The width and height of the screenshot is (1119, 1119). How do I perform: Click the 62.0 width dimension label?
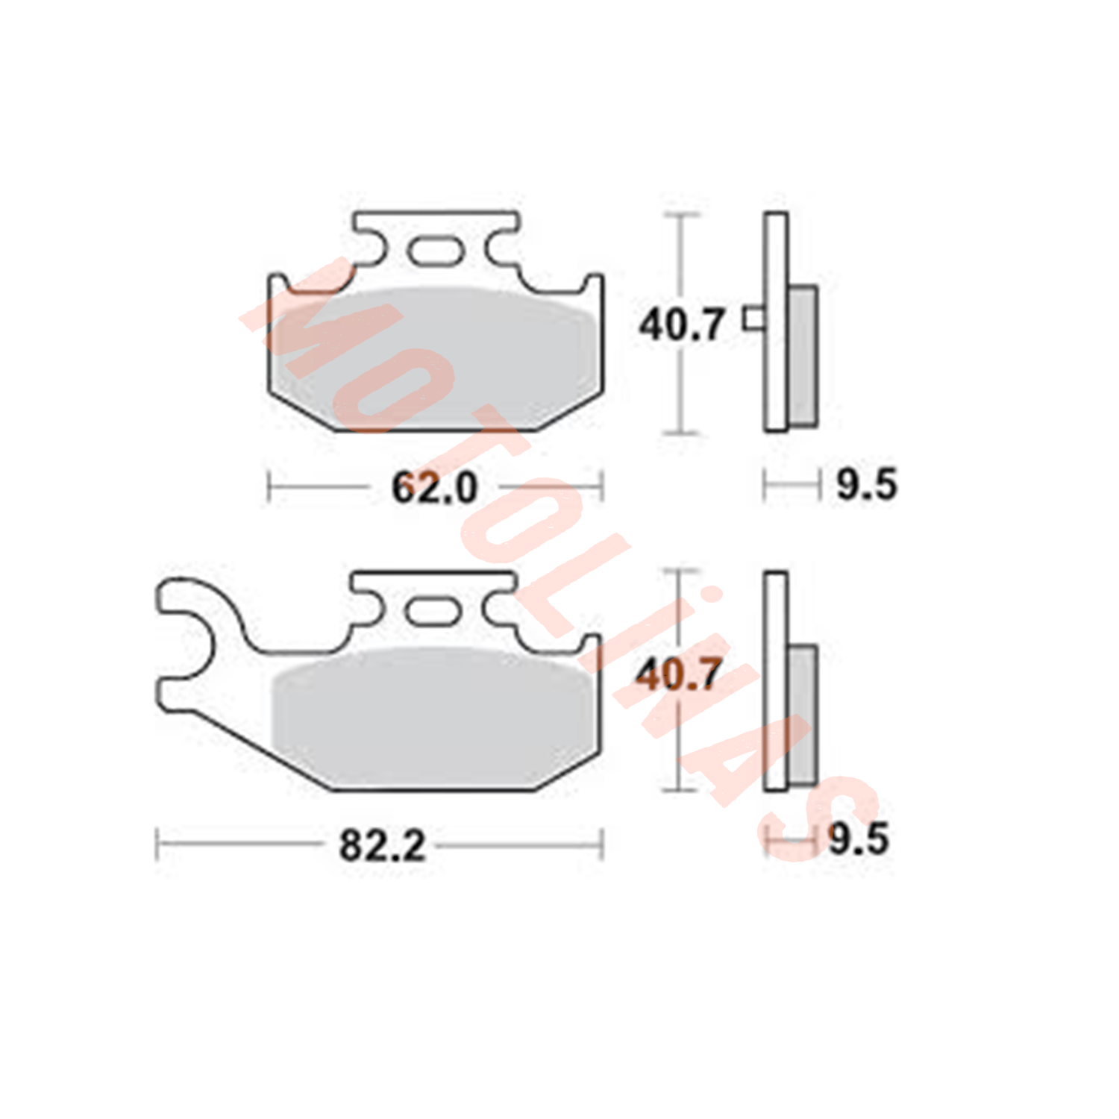434,489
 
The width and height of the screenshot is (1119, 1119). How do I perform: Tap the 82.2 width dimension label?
382,846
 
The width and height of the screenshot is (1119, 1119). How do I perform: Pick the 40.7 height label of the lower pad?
678,675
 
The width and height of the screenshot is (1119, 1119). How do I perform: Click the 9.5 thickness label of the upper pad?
866,485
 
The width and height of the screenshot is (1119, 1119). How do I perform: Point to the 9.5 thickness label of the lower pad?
859,839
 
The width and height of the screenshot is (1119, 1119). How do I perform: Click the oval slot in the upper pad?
436,250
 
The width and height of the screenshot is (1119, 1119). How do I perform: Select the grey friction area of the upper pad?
435,358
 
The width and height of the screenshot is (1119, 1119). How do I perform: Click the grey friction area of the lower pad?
435,716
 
